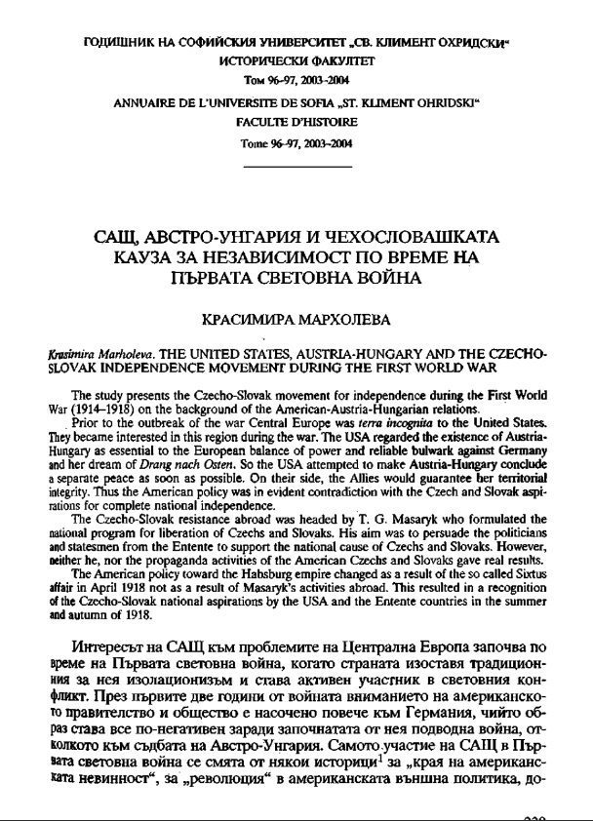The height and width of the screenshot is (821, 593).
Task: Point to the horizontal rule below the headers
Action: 296,168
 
